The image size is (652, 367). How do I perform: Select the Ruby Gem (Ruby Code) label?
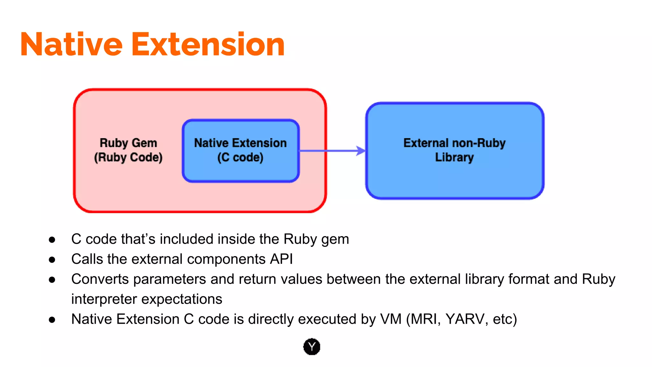128,150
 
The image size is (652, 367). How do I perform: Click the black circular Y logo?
312,347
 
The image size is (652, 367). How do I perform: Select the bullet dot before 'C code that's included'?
52,240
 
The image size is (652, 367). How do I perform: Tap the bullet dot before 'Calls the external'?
52,260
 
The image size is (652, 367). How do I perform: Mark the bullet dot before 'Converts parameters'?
52,280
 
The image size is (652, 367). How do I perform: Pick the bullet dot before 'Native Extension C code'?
52,320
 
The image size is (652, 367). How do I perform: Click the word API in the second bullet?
281,259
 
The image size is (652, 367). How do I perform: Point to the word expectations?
182,299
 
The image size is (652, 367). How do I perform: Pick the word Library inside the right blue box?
454,157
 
